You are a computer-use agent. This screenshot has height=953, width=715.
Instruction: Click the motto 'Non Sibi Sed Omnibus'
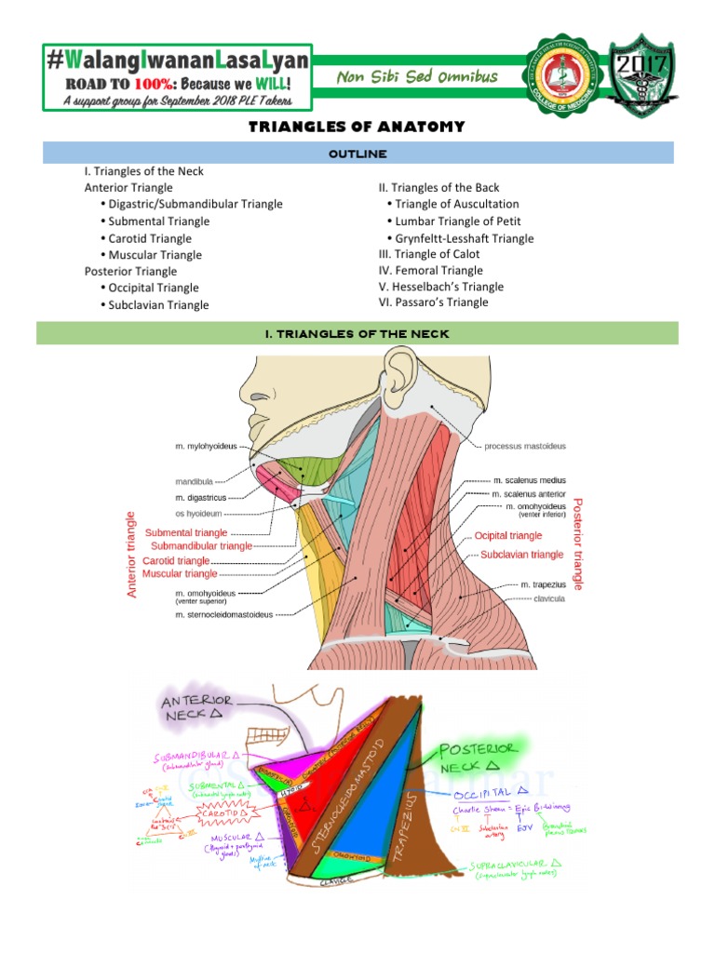click(417, 77)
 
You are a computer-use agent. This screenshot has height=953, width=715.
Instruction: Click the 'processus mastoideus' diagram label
click(525, 446)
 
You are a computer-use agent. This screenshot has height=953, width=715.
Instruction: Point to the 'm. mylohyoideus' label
click(206, 446)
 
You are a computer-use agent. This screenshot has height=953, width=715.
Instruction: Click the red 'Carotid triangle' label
click(176, 561)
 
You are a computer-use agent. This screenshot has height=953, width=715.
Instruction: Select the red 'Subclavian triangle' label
click(521, 555)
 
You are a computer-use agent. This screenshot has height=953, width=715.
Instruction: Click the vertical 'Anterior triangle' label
click(132, 554)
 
